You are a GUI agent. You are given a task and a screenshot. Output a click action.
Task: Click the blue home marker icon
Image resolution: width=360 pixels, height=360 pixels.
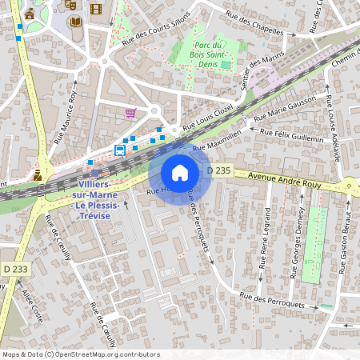pyautogui.click(x=179, y=173)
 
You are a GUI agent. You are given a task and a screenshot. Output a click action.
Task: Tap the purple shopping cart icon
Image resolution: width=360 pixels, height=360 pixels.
pyautogui.click(x=130, y=113)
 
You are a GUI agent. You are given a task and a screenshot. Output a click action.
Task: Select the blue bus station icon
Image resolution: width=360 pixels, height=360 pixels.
pyautogui.click(x=120, y=150)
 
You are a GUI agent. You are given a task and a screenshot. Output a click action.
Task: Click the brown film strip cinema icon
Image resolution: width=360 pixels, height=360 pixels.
pyautogui.click(x=96, y=10)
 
